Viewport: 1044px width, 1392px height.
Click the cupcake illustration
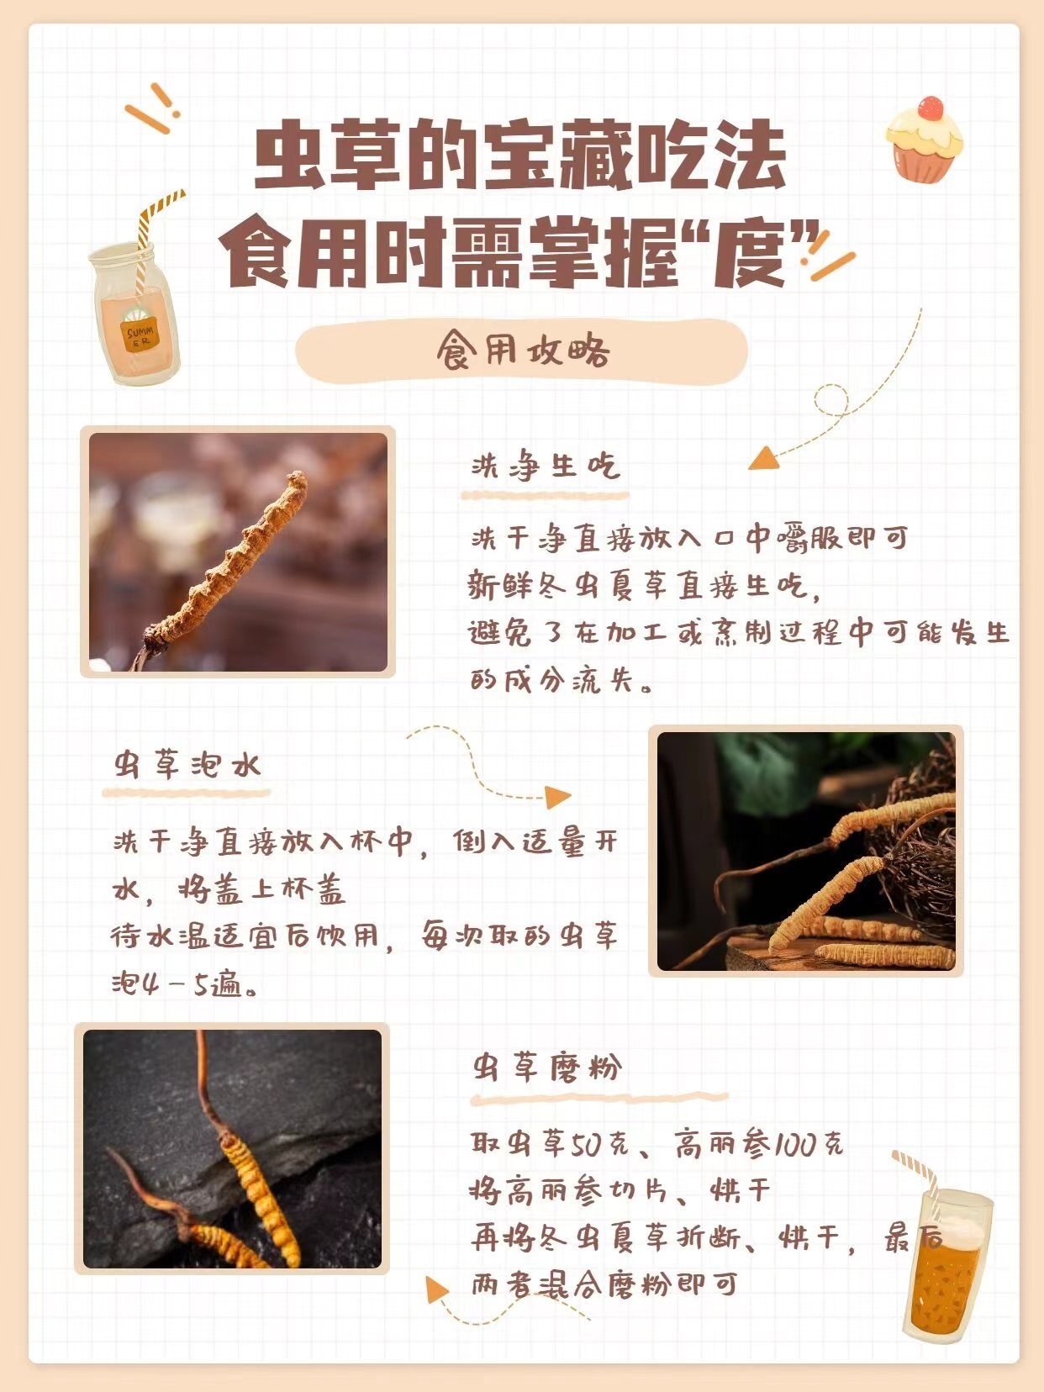coord(924,140)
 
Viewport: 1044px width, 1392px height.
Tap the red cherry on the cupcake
coord(930,108)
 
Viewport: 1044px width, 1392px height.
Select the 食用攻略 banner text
coord(523,351)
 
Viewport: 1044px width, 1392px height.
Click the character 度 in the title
coord(749,256)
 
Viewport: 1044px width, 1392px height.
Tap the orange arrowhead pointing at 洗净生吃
coord(764,458)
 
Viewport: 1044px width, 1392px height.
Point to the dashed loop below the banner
coord(831,399)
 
